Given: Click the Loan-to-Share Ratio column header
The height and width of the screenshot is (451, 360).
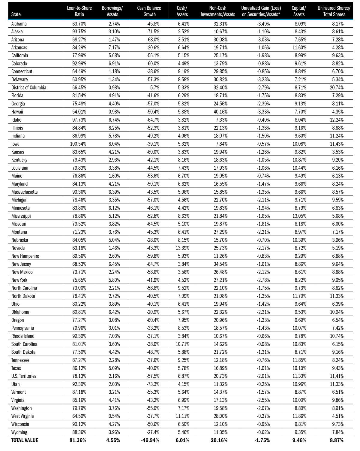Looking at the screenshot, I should click(79, 11).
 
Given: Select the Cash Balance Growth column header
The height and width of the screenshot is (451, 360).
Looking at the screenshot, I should click(149, 11).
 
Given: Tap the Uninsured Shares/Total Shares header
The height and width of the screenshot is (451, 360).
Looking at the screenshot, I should click(334, 11).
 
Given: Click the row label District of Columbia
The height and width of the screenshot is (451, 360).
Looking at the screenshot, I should click(29, 88).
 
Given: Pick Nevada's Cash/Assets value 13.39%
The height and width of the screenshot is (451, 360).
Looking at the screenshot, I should click(182, 248).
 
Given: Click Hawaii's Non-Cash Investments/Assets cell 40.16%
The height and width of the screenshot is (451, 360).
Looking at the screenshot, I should click(220, 112).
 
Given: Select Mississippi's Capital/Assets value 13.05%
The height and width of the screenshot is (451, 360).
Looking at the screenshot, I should click(299, 216).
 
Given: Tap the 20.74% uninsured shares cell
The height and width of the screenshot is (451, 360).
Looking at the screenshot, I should click(337, 88).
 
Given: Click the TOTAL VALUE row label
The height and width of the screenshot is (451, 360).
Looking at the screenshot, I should click(25, 440).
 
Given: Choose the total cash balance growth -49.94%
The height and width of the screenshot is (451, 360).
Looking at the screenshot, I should click(150, 440).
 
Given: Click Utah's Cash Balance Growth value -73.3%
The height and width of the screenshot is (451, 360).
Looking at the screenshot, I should click(153, 384).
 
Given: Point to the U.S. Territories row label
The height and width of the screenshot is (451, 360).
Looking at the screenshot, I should click(24, 376).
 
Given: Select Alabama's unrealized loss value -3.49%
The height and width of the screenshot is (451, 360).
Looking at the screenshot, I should click(263, 24).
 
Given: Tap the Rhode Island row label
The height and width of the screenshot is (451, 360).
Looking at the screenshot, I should click(23, 336).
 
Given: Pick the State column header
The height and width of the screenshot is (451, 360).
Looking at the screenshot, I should click(16, 14).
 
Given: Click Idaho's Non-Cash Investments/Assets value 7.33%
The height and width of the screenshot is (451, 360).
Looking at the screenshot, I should click(222, 120).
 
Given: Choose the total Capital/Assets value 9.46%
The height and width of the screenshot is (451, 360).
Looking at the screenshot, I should click(299, 440).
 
